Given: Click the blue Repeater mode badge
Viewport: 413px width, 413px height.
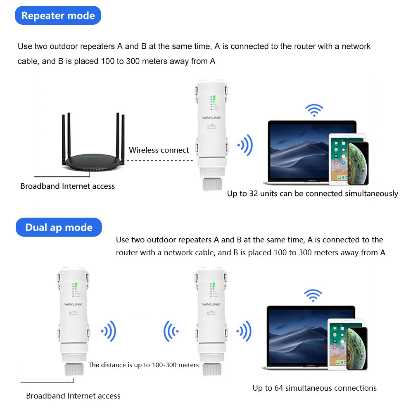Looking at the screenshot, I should (x=58, y=16).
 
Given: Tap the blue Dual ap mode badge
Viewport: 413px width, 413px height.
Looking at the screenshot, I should (x=59, y=228).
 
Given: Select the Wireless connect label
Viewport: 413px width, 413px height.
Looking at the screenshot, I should (x=159, y=150).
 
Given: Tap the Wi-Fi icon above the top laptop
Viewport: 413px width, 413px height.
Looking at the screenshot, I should (x=314, y=110).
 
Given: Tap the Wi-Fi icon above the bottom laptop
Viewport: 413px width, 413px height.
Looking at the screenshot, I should (x=313, y=295).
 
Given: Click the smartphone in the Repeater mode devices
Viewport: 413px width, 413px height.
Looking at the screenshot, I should (x=358, y=163).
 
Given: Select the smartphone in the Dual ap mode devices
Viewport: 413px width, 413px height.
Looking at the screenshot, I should (x=356, y=348).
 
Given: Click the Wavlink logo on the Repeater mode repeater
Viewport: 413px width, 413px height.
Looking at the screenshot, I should (x=211, y=118).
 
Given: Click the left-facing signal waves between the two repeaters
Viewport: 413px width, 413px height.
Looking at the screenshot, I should (x=171, y=331).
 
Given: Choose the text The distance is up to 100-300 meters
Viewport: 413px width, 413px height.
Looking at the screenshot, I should (x=143, y=365).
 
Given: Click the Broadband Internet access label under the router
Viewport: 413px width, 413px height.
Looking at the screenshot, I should (x=68, y=186).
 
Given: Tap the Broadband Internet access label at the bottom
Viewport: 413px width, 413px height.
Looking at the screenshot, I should (x=73, y=396).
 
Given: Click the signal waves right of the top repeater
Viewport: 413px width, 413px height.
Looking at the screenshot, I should (x=245, y=145).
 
